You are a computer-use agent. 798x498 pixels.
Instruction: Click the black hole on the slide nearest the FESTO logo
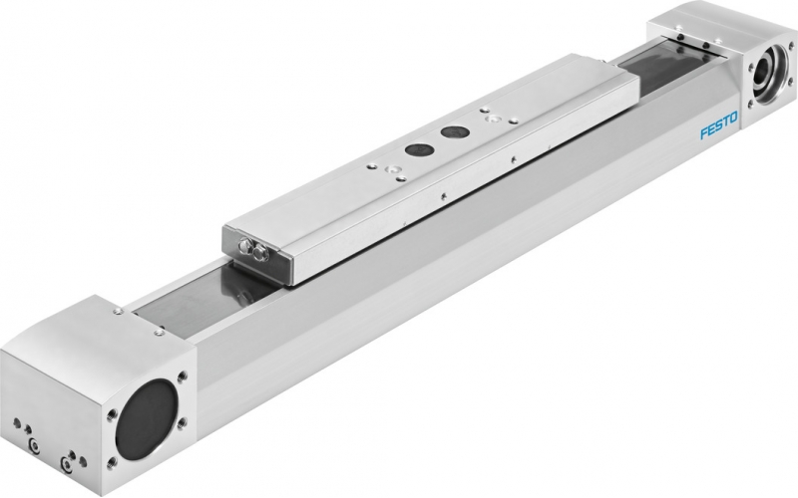coord(454,130)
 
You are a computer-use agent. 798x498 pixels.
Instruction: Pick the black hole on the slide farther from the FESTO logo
coord(414,150)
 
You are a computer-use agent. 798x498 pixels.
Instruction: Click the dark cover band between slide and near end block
coord(199,300)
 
